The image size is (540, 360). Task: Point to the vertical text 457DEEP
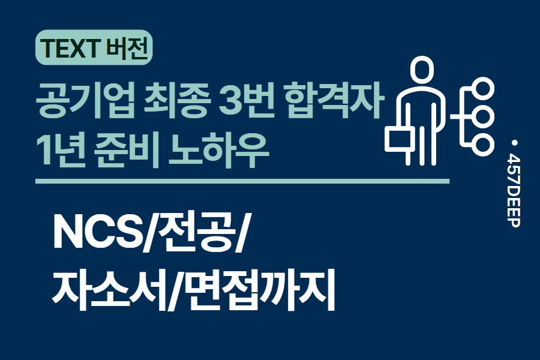514,190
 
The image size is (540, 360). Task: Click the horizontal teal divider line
242,181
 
